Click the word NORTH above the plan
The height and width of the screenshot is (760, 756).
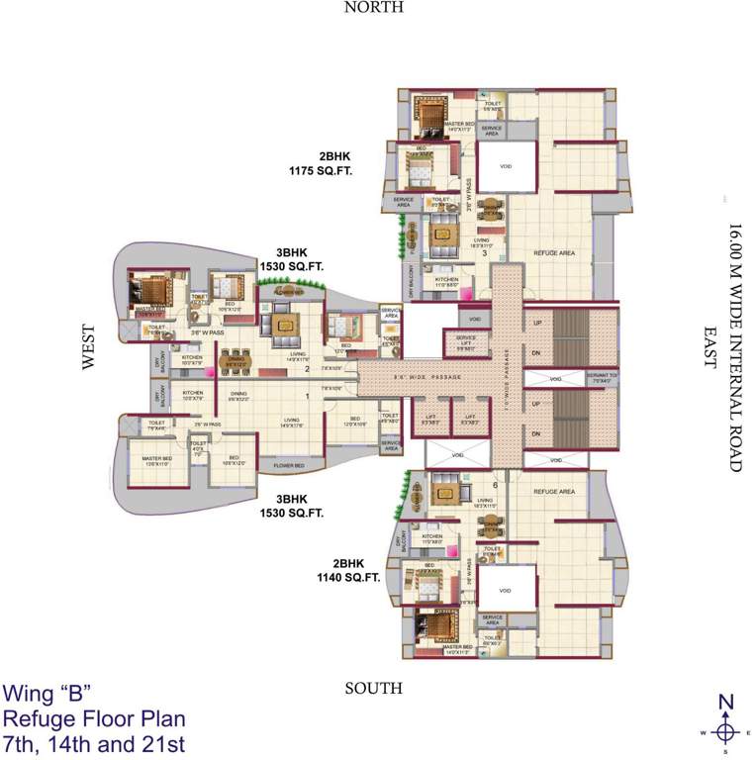tap(374, 8)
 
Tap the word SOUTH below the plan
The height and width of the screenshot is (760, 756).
tap(374, 688)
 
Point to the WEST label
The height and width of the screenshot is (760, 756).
tap(89, 347)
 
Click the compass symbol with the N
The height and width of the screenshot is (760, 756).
tap(725, 731)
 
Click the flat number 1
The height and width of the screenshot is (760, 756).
tap(308, 397)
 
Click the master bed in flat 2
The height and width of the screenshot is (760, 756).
tap(153, 291)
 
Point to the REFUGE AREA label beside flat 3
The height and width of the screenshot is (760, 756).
tap(554, 253)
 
